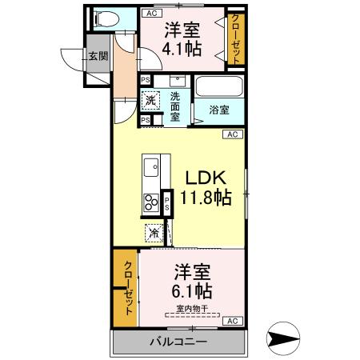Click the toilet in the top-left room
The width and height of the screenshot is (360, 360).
click(x=103, y=19)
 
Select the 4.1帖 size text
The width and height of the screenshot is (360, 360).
click(x=182, y=48)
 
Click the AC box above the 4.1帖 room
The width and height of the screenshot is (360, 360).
click(x=150, y=14)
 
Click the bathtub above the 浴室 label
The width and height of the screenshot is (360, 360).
click(x=216, y=86)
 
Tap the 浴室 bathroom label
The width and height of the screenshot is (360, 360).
click(x=218, y=109)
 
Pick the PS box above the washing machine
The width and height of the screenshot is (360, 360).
click(x=146, y=80)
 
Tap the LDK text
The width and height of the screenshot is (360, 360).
click(x=207, y=178)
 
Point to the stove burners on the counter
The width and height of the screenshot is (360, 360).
click(x=150, y=202)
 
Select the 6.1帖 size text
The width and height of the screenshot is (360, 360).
click(x=193, y=290)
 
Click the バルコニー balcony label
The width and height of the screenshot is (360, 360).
click(x=178, y=342)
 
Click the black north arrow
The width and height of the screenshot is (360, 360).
click(x=283, y=339)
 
